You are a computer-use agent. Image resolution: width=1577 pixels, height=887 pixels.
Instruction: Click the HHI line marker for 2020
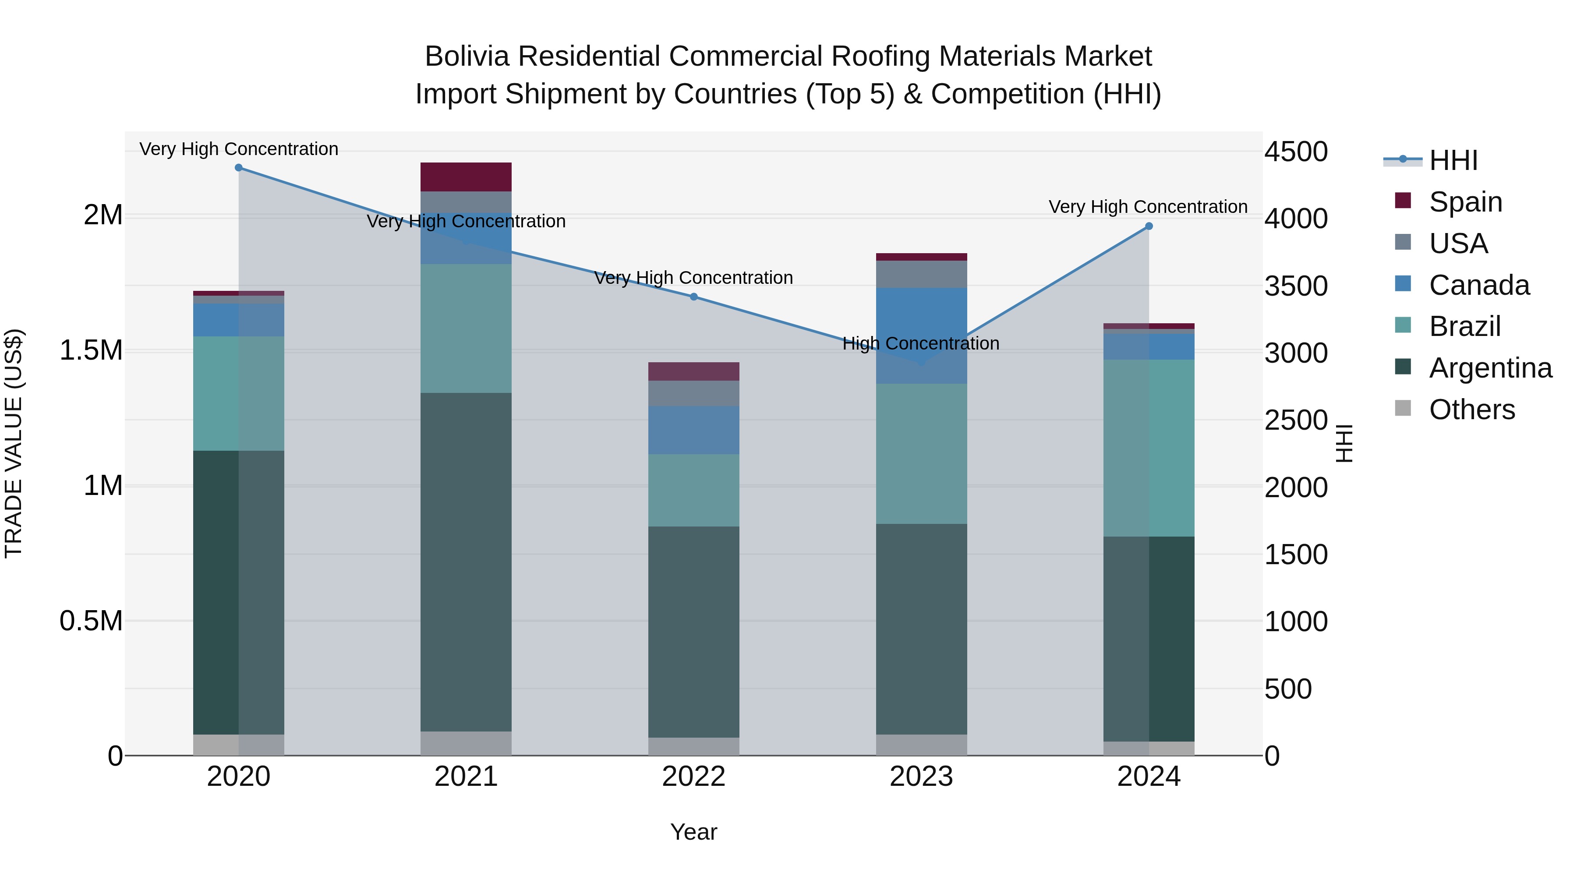[239, 168]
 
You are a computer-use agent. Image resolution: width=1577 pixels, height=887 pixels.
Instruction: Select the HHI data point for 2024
[1149, 226]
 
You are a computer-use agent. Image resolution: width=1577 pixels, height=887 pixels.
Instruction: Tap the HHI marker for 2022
[693, 297]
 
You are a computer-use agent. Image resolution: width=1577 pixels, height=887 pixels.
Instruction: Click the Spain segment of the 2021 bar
[466, 177]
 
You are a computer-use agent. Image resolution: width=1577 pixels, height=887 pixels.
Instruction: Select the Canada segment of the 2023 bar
[921, 336]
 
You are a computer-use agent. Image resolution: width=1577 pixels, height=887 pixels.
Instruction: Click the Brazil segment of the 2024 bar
[1149, 448]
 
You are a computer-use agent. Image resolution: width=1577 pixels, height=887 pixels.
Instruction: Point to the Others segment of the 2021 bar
[466, 743]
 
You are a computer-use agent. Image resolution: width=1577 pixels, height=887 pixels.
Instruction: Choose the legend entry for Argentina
[1489, 368]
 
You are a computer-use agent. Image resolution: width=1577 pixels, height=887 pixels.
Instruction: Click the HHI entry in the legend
[1453, 160]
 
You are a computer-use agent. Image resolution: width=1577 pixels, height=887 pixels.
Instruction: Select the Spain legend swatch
[1403, 201]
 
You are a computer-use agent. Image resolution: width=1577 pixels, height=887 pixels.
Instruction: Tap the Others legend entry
[1471, 410]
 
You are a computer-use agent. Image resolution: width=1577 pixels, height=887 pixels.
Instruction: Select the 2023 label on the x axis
[921, 777]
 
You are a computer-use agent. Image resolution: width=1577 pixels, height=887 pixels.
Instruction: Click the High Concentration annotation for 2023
[921, 343]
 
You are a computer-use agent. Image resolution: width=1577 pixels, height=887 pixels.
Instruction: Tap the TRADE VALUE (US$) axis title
[14, 443]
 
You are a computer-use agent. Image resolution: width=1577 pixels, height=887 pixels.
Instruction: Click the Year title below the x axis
[693, 832]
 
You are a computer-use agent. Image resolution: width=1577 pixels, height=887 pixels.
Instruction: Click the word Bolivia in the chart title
[467, 57]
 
